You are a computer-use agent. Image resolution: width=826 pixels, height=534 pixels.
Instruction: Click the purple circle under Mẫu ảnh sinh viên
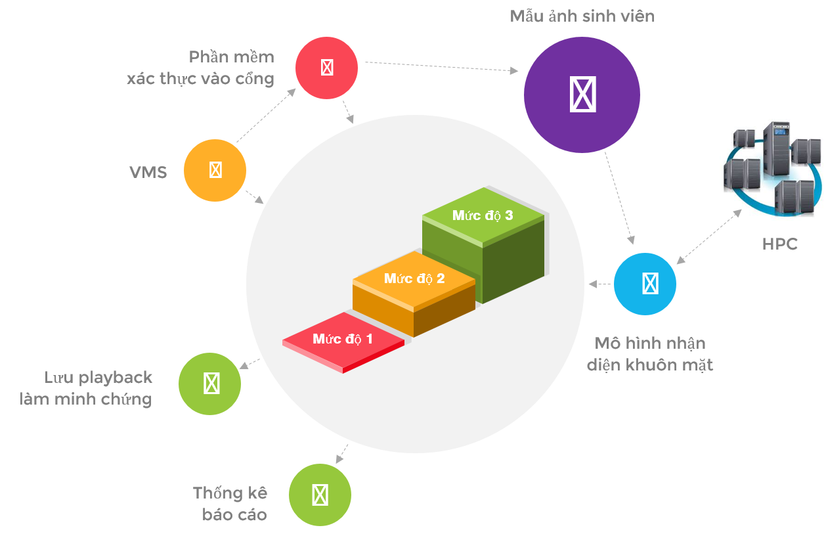coord(582,95)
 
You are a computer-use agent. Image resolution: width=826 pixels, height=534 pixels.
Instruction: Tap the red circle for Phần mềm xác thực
coord(327,68)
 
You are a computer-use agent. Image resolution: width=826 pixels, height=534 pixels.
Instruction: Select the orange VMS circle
coord(215,170)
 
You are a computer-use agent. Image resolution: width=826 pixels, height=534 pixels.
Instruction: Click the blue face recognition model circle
coord(645,284)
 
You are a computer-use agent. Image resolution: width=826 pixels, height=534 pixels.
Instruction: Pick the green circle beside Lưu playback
coord(210,384)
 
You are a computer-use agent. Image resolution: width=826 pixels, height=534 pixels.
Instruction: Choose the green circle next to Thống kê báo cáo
coord(320,495)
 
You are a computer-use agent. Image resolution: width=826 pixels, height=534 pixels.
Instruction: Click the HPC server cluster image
coord(773,168)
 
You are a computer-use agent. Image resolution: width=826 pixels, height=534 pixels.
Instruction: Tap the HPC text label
coord(780,244)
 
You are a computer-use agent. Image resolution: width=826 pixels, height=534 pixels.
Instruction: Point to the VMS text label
coord(148,173)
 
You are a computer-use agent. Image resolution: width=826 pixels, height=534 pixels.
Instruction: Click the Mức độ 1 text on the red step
coord(343,339)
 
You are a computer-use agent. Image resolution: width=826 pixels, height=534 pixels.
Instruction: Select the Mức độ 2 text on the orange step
coord(414,278)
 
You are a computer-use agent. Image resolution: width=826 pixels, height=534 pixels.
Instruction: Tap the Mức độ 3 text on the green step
coord(483,215)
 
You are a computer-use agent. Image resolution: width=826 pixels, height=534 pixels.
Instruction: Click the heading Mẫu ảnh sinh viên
coord(582,16)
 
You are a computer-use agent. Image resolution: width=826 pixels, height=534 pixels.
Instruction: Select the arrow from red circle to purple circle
coord(441,67)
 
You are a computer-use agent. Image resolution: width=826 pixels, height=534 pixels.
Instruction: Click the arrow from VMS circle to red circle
coord(266,115)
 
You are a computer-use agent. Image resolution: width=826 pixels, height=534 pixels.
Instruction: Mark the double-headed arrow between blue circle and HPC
coord(709,236)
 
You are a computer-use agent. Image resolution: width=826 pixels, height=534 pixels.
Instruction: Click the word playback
coord(116,378)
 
